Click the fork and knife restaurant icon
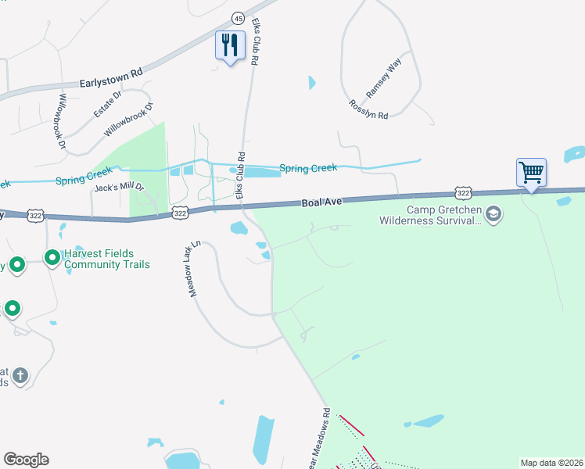(230, 45)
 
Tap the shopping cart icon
(531, 172)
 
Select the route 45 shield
(238, 17)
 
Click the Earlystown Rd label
(111, 76)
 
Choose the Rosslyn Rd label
(368, 109)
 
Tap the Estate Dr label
(108, 104)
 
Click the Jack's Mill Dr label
(119, 188)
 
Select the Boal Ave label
(324, 202)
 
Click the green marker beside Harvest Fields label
(52, 257)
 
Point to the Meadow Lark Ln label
(194, 268)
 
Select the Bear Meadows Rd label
(325, 438)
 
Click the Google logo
(26, 460)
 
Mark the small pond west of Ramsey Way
(312, 82)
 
